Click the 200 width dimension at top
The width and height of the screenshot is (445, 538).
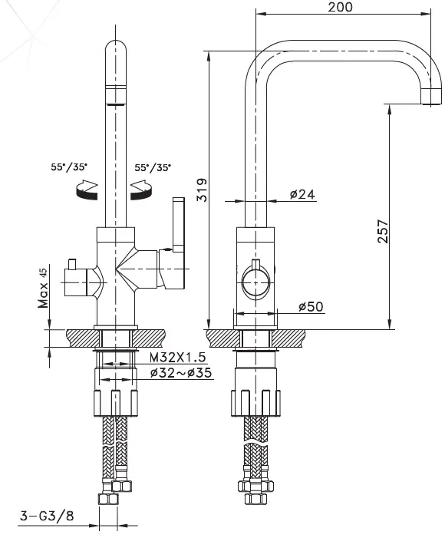point(340,8)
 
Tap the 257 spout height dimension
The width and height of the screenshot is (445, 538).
point(383,233)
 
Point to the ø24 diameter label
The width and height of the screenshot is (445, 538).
point(302,194)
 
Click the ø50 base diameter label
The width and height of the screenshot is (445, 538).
point(310,306)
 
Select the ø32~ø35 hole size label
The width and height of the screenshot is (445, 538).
point(181,373)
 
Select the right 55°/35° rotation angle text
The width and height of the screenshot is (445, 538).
point(153,166)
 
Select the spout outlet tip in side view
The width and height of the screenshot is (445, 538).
point(432,97)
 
